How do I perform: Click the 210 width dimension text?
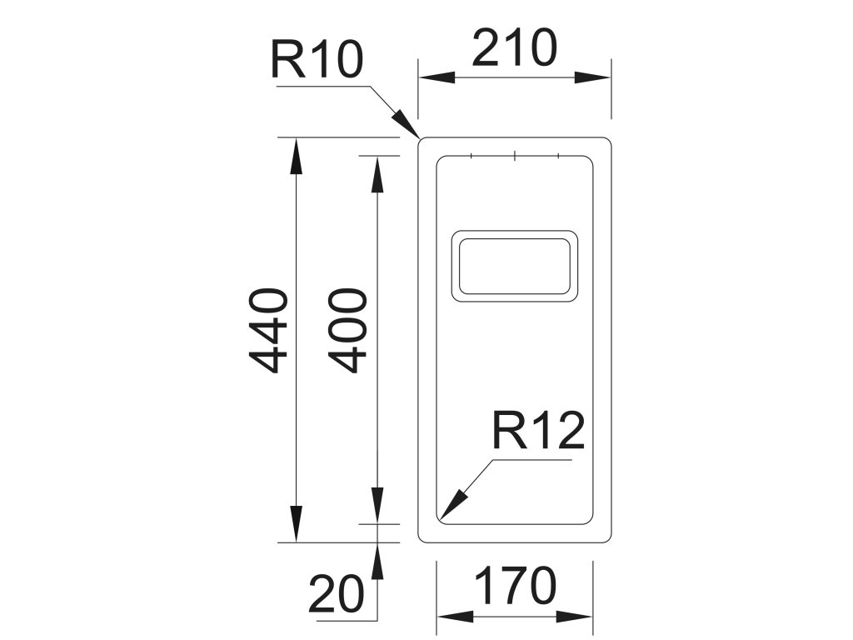(x=514, y=48)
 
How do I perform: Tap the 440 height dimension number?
(x=269, y=331)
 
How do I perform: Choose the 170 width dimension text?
(x=516, y=586)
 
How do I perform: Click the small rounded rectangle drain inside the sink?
(x=514, y=265)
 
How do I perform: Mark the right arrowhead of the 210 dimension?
(x=595, y=77)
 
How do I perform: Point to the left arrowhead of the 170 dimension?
(x=455, y=617)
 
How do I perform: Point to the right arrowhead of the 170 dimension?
(x=575, y=617)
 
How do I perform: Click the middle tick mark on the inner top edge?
(x=516, y=155)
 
